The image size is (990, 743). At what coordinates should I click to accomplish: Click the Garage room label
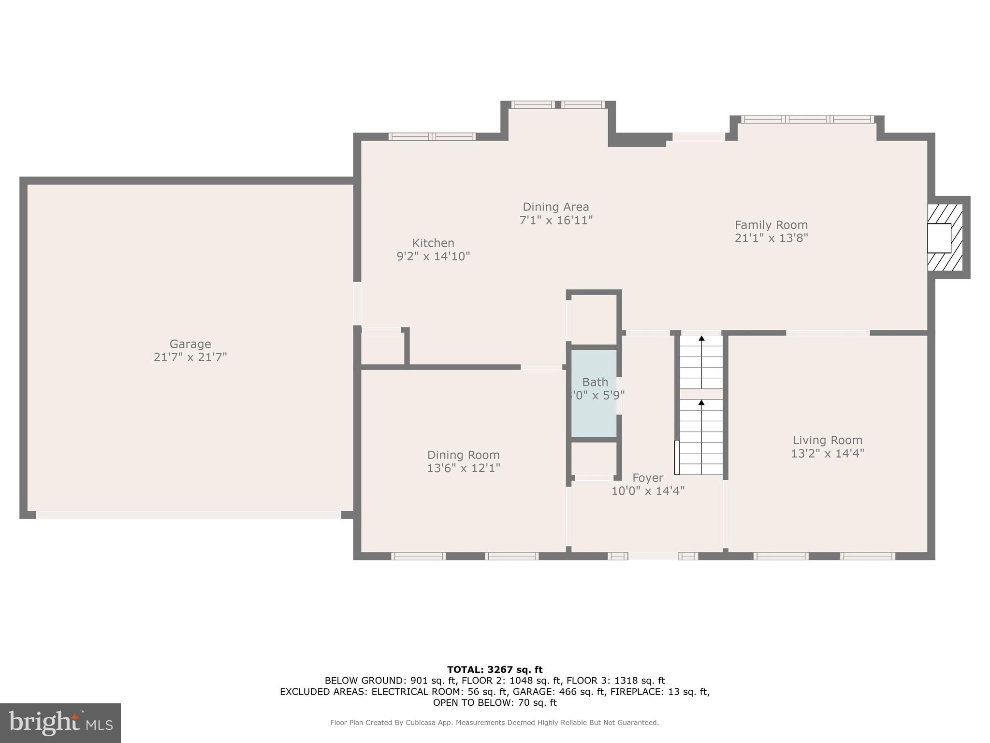[x=190, y=344]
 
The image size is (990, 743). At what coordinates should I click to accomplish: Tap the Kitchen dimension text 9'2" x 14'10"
[x=433, y=256]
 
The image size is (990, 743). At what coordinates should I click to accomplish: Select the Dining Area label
[x=555, y=207]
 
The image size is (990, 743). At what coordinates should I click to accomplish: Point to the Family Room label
[x=771, y=225]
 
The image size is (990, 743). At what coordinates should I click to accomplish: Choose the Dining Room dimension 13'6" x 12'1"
[x=463, y=468]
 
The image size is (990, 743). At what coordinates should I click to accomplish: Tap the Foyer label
[x=647, y=478]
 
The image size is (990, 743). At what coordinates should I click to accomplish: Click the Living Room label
[x=827, y=440]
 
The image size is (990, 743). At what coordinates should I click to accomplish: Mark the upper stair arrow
[x=701, y=339]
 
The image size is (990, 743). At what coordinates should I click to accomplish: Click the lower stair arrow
[x=701, y=402]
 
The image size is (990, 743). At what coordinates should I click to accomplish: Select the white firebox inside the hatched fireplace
[x=938, y=238]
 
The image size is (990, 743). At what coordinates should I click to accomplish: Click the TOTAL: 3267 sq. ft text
[x=495, y=669]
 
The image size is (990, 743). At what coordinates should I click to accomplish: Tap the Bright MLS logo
[x=60, y=723]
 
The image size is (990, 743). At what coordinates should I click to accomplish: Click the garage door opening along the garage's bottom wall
[x=189, y=515]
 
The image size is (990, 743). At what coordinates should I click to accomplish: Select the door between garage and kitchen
[x=357, y=303]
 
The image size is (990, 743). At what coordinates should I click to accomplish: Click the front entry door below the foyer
[x=653, y=556]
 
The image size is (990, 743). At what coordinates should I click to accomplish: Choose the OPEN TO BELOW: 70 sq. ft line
[x=495, y=702]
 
